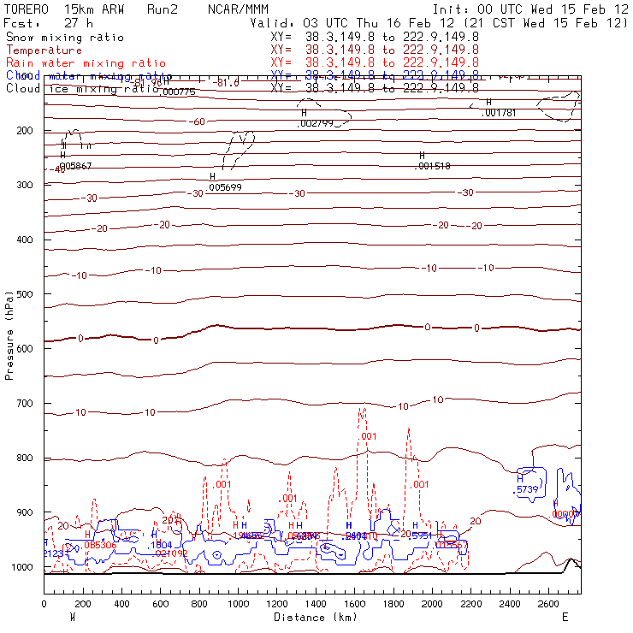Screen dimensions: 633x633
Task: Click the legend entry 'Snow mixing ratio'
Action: point(65,38)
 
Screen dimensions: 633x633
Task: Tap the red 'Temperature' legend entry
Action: point(44,50)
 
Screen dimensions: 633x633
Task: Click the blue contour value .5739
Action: point(526,490)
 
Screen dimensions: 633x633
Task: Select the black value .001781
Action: point(500,113)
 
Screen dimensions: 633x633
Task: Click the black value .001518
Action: point(432,167)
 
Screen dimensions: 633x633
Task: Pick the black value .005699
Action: point(226,187)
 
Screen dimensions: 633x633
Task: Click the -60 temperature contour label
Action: point(198,121)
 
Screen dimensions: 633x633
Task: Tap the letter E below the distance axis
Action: point(565,616)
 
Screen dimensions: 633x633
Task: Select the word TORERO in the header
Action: point(26,9)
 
